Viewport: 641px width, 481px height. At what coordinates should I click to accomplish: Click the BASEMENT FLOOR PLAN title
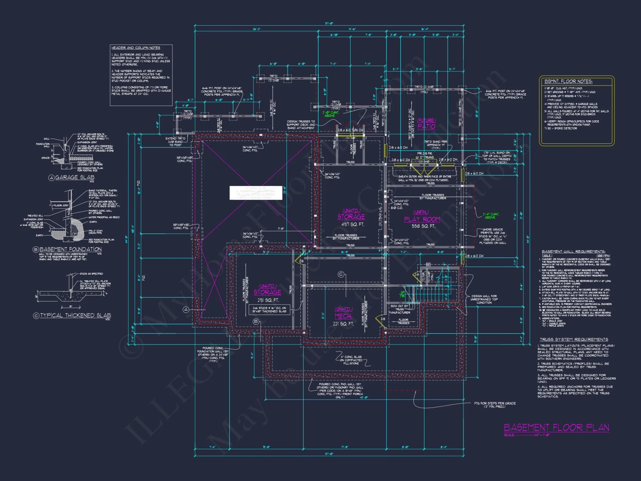tap(556, 427)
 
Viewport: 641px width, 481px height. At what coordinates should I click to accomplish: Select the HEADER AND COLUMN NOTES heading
tap(136, 48)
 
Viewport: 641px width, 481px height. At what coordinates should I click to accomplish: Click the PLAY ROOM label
tap(422, 219)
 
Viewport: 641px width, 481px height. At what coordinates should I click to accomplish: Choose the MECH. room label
tap(343, 316)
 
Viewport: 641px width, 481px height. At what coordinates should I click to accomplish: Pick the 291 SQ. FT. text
tap(268, 300)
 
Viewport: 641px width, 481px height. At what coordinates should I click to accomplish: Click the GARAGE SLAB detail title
tap(74, 177)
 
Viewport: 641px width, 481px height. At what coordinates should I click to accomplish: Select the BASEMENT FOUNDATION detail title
tap(70, 249)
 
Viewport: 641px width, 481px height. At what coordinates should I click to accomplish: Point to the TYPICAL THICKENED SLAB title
tap(75, 315)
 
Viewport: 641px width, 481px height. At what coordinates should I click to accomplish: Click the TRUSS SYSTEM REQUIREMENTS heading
tap(574, 339)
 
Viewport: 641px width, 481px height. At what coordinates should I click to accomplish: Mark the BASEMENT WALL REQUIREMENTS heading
tap(573, 251)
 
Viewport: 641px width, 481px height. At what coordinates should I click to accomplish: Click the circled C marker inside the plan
tap(341, 274)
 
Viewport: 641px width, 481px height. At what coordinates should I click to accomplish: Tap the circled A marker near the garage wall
tap(186, 309)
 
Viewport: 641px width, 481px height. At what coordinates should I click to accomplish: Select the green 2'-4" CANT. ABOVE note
tap(491, 216)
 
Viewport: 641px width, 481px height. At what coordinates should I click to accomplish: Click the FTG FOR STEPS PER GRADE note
tap(495, 405)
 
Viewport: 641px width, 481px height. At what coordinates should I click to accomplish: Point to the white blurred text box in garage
tap(256, 193)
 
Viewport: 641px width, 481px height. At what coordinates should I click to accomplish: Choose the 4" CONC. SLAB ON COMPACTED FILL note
tap(351, 360)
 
